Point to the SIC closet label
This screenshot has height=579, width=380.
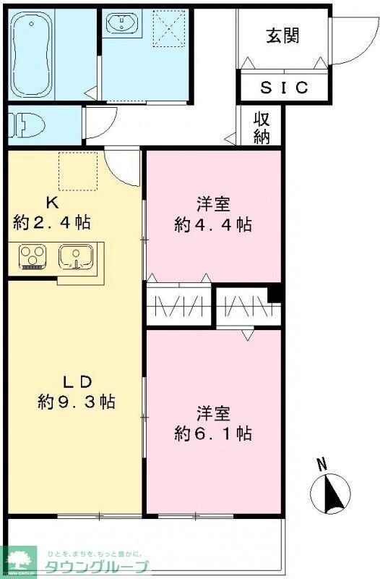tap(284, 88)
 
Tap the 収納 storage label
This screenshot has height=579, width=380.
tap(262, 129)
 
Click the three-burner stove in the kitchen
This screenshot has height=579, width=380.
tap(31, 257)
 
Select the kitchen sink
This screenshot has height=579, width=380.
tap(74, 258)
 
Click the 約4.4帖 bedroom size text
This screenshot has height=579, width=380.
tap(213, 224)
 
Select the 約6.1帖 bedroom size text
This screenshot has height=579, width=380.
tap(213, 434)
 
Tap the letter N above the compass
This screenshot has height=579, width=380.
tap(322, 464)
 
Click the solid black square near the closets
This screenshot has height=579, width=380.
tap(274, 294)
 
